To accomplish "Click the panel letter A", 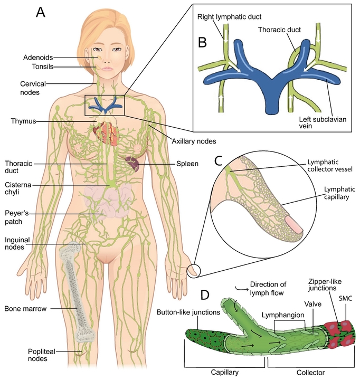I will [41, 12].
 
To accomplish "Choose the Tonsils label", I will [40, 66].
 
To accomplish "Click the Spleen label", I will [187, 164].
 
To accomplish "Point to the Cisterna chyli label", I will [17, 189].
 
